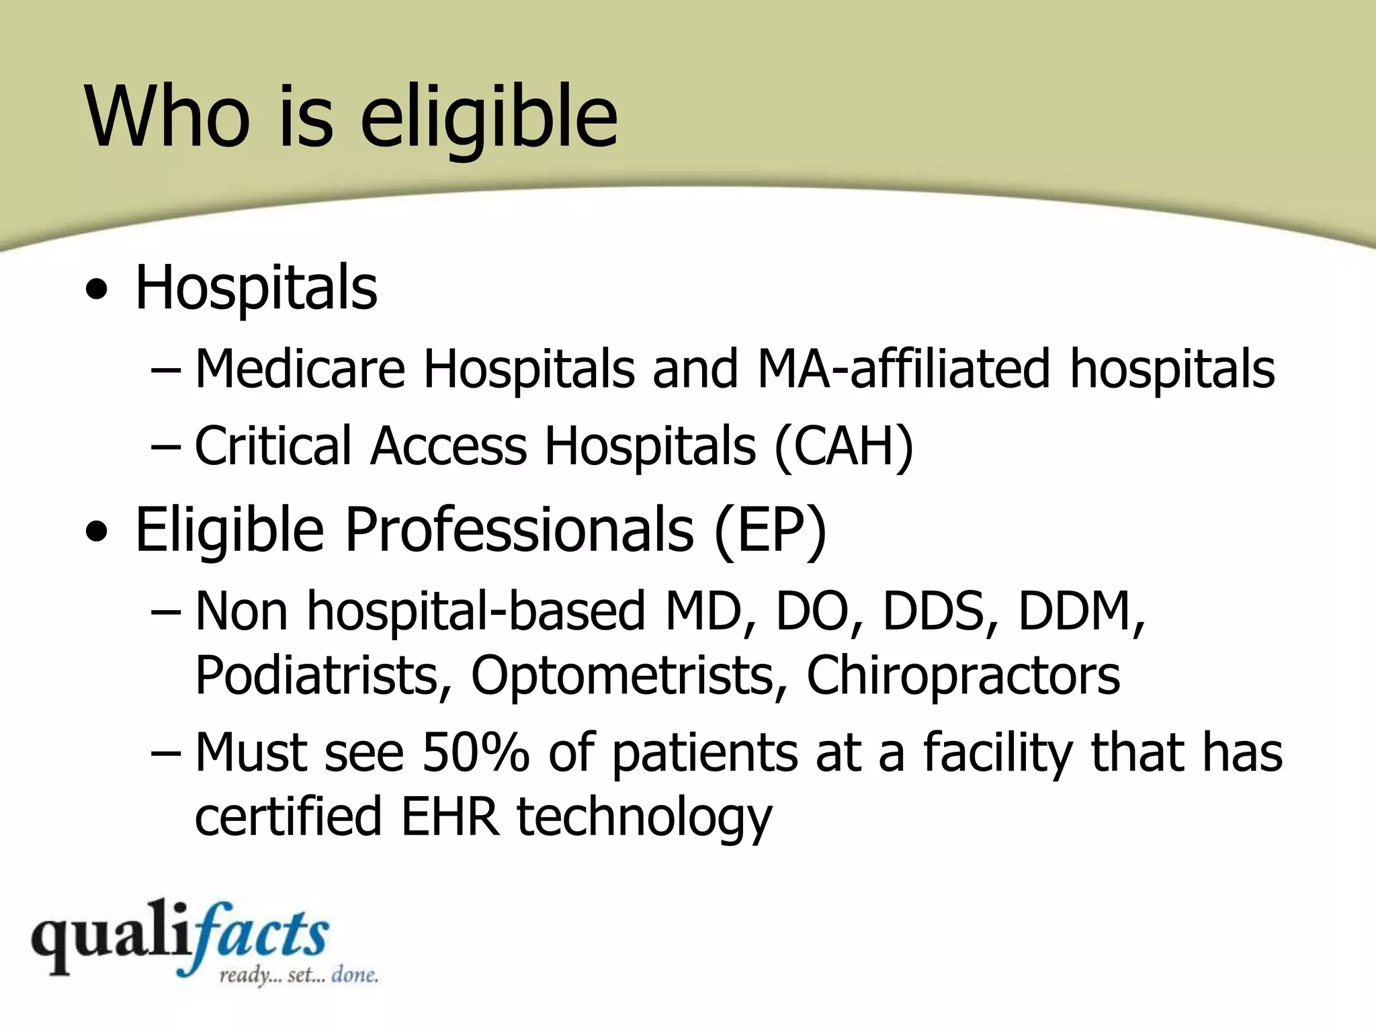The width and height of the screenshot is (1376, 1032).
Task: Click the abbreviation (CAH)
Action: coord(844,447)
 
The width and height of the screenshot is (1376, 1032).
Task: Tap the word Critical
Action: coord(273,447)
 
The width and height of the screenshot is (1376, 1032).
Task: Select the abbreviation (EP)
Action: coord(770,531)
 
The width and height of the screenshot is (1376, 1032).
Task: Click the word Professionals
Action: coord(519,531)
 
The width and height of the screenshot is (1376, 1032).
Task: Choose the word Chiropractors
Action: coord(963,675)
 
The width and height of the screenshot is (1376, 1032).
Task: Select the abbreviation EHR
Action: coord(449,817)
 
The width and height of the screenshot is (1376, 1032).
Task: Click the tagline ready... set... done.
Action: coord(298,976)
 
